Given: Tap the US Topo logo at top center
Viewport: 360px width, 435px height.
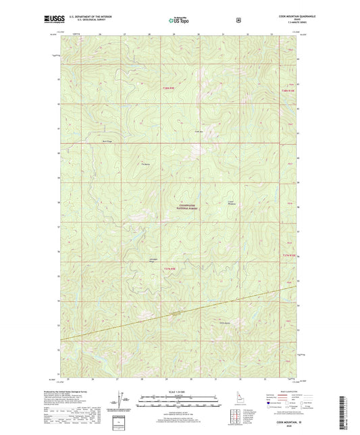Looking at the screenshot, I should (x=179, y=21).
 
